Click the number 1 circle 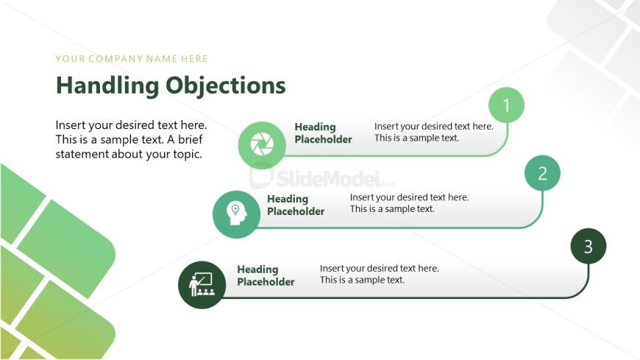(506, 105)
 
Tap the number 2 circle (542, 174)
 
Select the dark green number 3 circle (588, 247)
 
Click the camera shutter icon (261, 145)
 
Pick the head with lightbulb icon (235, 214)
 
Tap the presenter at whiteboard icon (202, 285)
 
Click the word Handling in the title (107, 85)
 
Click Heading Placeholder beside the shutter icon (323, 133)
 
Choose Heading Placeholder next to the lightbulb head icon (295, 205)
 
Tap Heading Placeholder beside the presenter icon (266, 276)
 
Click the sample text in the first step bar (433, 132)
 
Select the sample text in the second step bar (409, 203)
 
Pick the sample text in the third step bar (379, 274)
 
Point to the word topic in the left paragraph (183, 154)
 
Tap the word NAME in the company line (161, 59)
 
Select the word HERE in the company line (193, 59)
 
